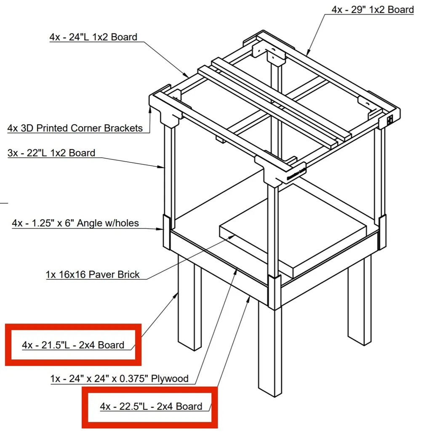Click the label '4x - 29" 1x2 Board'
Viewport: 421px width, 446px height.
point(372,10)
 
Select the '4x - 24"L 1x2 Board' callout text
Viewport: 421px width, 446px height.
point(93,37)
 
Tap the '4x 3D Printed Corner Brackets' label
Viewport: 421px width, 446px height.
point(75,128)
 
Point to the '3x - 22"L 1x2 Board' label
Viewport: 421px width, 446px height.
point(51,153)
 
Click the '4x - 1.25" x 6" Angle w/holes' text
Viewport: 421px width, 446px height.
point(75,223)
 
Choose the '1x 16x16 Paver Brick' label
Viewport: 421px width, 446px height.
point(93,274)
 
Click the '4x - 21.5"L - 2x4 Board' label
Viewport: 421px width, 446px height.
point(73,345)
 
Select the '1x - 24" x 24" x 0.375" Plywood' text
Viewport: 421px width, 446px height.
point(119,379)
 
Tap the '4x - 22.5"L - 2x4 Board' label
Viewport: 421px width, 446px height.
point(151,406)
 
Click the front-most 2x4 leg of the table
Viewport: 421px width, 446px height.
point(270,350)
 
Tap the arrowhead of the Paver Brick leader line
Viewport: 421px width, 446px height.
point(232,237)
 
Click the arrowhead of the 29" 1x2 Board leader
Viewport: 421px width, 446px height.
point(308,52)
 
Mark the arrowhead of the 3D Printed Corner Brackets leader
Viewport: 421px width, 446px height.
point(150,109)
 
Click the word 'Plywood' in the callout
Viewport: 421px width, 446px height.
point(170,379)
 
